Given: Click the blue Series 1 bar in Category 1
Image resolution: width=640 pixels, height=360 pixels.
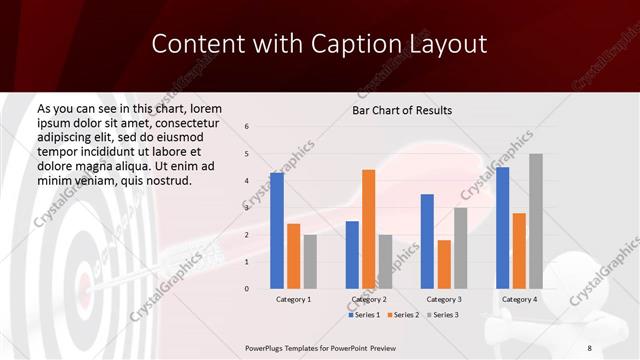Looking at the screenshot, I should (x=277, y=231).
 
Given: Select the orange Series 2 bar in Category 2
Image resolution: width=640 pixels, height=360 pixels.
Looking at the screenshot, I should (x=369, y=229).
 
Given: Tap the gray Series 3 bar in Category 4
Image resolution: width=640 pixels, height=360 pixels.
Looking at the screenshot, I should (x=536, y=221).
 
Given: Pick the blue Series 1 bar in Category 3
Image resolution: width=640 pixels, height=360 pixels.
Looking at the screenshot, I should (x=427, y=241).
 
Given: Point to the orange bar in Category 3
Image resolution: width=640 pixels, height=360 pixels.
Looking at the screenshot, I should (x=444, y=264).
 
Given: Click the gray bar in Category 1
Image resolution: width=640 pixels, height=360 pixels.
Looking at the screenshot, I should (x=310, y=261).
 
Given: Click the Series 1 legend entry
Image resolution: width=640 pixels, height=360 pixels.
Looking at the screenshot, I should (x=365, y=315).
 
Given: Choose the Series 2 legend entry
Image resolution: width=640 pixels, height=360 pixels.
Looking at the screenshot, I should (x=402, y=315).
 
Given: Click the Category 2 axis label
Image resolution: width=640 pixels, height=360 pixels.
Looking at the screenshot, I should (x=369, y=299).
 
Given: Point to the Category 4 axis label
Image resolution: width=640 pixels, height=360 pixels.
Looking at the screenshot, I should (x=519, y=299).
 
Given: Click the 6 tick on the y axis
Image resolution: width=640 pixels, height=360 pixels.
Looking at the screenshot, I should (x=247, y=127).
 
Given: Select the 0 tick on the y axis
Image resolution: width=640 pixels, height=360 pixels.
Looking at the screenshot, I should (x=247, y=289).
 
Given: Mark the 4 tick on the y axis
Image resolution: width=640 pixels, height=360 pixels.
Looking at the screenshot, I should (x=247, y=181).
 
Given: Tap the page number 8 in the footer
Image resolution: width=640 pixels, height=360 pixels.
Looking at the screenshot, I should (x=589, y=347).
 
